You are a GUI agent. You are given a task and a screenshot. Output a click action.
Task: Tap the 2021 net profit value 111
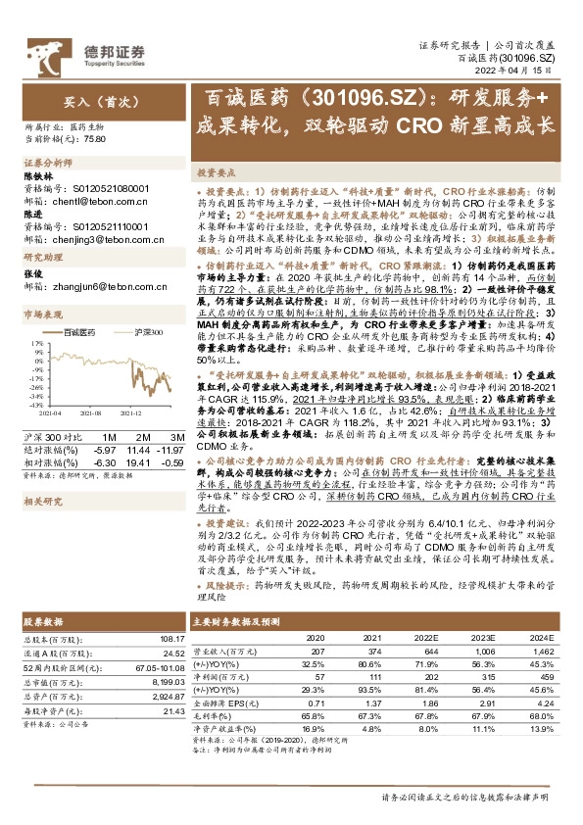tap(374, 676)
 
